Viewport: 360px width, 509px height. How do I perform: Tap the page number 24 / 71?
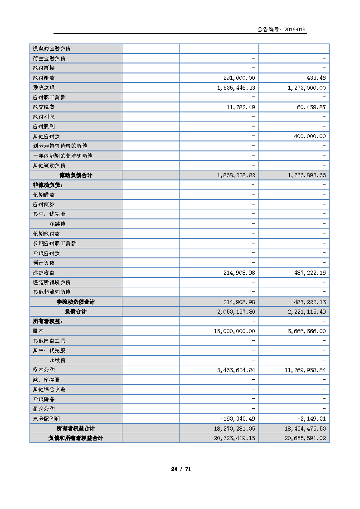(181, 469)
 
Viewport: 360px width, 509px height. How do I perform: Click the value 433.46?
(316, 78)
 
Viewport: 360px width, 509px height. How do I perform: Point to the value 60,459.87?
(310, 107)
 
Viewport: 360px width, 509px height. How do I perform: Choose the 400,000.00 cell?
(308, 136)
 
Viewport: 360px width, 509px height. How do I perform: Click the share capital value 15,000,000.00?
(234, 331)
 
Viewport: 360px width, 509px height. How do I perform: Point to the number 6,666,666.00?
(307, 331)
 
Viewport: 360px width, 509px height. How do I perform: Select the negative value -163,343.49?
(237, 419)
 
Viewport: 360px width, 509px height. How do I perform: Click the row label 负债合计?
(75, 312)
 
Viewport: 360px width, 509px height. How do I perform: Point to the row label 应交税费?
(44, 107)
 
